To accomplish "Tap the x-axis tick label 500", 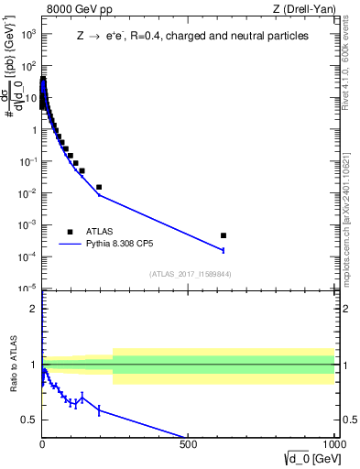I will click(x=188, y=444).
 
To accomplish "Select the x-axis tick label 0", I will click(x=42, y=444).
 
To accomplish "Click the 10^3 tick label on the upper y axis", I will click(x=28, y=34).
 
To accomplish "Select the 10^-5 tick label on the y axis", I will click(x=28, y=289).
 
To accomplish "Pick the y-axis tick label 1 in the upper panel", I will click(x=33, y=129).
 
